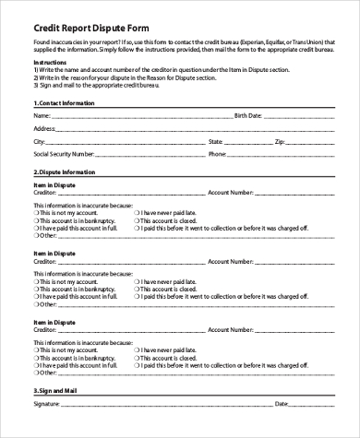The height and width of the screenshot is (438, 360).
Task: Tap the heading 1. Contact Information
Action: coord(65,103)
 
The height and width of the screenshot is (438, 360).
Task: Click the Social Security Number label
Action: coord(63,155)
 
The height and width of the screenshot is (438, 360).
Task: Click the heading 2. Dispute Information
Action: coord(64,172)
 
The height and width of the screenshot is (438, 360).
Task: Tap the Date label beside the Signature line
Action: coord(282,406)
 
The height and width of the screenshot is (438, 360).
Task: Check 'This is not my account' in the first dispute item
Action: coord(37,214)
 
